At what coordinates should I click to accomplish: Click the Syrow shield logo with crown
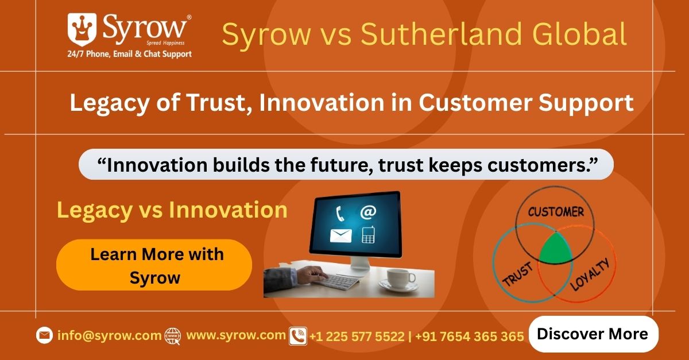click(82, 29)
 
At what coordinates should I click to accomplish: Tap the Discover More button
click(593, 334)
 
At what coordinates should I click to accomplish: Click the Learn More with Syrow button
click(154, 265)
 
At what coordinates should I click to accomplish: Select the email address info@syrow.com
click(110, 335)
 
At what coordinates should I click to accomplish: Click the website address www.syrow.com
click(236, 335)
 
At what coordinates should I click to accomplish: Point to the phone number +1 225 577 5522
click(357, 336)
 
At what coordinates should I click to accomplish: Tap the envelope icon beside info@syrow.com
click(44, 335)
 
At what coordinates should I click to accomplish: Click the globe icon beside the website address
click(173, 336)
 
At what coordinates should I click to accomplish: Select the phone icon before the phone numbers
click(298, 336)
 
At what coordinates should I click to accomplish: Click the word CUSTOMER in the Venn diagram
click(556, 212)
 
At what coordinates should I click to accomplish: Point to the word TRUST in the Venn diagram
click(517, 274)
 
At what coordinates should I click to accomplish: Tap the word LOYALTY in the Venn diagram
click(590, 274)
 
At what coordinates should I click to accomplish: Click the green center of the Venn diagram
click(555, 249)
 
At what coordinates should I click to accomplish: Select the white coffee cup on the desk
click(400, 279)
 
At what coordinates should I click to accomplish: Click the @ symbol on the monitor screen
click(368, 212)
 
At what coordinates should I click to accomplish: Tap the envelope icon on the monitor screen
click(341, 235)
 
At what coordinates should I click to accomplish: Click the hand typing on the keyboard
click(311, 274)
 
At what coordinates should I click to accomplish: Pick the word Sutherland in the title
click(442, 34)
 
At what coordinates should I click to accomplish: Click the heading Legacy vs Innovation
click(172, 210)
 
